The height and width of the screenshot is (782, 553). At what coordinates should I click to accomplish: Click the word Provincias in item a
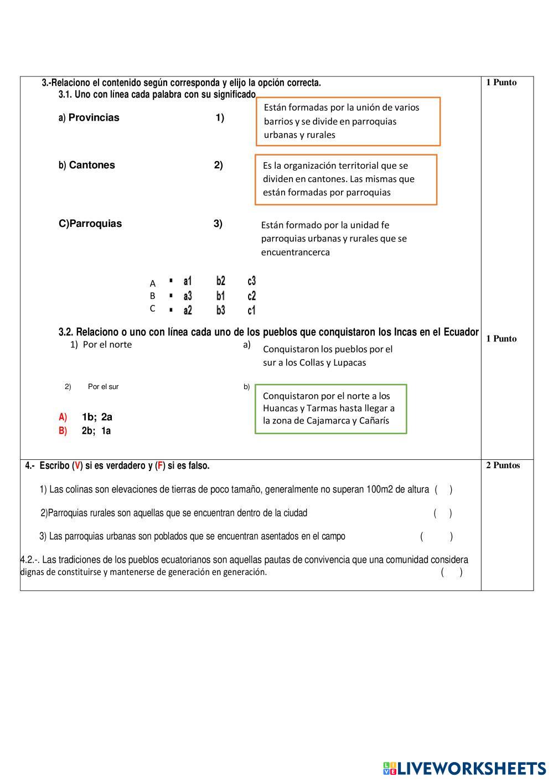point(94,117)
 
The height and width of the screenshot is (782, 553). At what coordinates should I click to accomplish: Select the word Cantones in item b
point(92,165)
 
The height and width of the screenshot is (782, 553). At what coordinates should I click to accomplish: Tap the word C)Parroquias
point(90,224)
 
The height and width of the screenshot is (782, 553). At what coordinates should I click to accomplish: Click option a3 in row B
point(188,296)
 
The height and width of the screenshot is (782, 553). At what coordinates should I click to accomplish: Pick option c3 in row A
point(252,281)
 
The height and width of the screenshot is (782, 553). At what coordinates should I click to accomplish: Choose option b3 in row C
point(221,310)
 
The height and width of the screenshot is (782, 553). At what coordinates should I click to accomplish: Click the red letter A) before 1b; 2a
point(63,417)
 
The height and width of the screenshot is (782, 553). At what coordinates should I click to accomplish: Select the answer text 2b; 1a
point(96,431)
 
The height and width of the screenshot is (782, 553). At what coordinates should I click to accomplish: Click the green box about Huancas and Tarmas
point(330,408)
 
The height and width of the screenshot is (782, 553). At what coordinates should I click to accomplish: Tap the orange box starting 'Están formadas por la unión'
point(348,121)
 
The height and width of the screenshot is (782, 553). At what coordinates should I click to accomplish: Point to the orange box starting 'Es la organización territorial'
point(346,179)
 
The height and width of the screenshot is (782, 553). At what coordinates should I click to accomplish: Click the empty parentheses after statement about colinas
point(443,489)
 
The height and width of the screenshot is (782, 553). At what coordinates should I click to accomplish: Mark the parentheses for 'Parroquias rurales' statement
point(443,513)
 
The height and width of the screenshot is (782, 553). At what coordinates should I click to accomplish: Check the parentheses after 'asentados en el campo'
point(436,536)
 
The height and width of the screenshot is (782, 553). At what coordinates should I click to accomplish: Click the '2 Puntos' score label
point(503,465)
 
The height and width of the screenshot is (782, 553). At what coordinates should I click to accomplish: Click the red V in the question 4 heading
point(77,466)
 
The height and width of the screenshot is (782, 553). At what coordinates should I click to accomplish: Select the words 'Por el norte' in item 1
point(107,344)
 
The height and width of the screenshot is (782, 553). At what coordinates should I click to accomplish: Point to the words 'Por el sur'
point(103,387)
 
